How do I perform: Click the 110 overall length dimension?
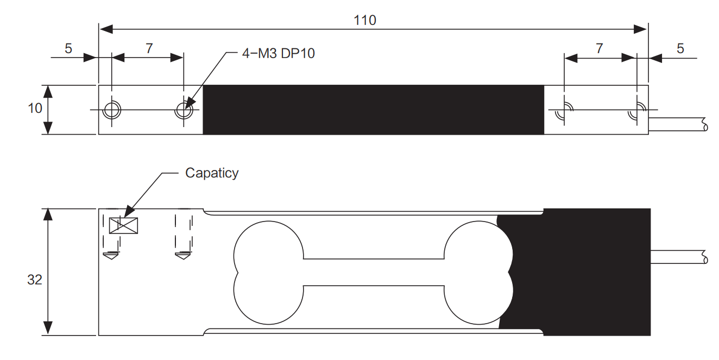click(364, 21)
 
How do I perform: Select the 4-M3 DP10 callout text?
click(277, 54)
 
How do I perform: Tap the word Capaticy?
click(212, 173)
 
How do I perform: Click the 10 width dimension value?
click(35, 108)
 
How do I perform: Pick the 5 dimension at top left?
click(68, 48)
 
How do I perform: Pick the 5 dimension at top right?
click(680, 48)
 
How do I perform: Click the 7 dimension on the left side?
click(149, 48)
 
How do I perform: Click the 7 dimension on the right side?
click(599, 48)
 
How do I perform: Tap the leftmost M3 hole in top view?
click(112, 110)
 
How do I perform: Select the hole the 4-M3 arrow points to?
click(184, 110)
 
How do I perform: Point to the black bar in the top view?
click(373, 110)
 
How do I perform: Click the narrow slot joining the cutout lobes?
click(373, 271)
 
